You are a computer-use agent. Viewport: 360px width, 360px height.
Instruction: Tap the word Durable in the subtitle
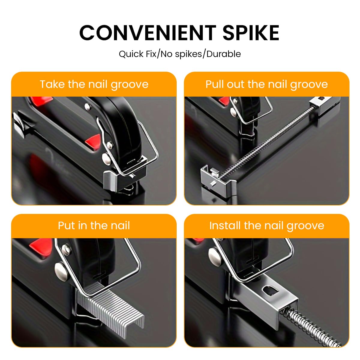pos(223,54)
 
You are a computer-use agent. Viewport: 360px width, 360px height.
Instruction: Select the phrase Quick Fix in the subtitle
pos(137,54)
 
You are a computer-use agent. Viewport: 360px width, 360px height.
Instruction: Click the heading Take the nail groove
pos(94,84)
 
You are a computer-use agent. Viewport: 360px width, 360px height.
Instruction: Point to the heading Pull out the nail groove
pos(266,84)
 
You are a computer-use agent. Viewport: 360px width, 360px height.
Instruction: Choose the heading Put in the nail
pos(94,225)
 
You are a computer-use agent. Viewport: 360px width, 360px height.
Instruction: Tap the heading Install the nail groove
pos(266,225)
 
